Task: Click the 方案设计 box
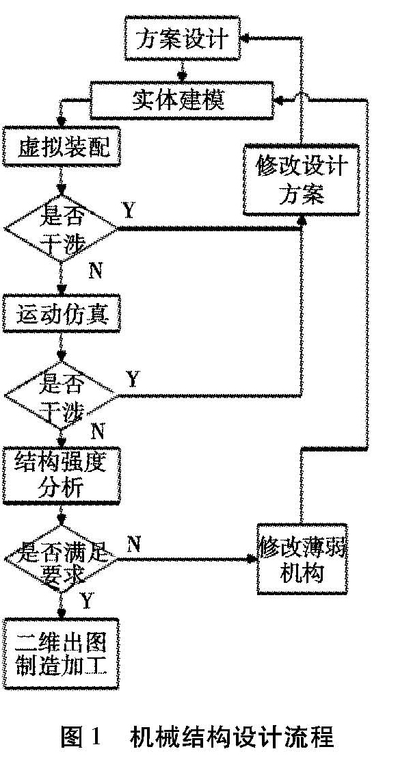183,38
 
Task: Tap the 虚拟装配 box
61,147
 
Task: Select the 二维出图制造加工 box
61,653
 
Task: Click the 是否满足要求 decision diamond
61,560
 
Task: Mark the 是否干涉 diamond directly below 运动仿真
61,395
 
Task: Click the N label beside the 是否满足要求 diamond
134,545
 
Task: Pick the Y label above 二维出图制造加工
86,601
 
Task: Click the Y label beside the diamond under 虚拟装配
129,210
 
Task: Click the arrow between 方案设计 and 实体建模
183,70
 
